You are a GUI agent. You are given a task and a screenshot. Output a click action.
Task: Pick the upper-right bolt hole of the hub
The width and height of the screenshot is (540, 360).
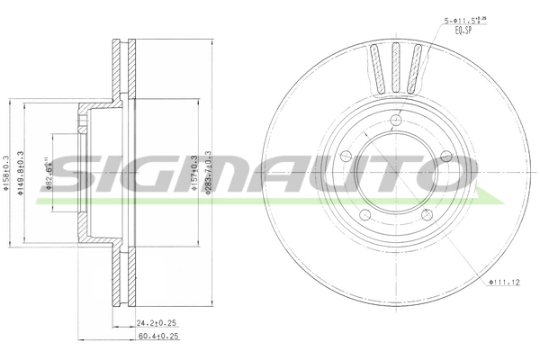point(445,158)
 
